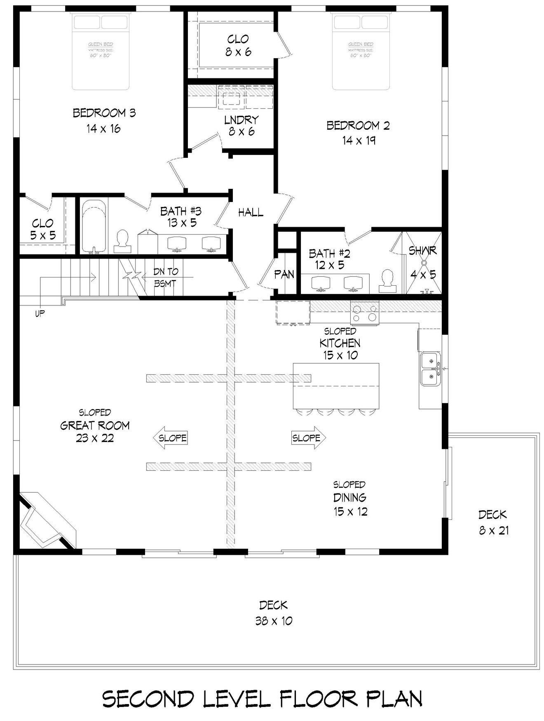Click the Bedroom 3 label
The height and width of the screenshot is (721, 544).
[104, 113]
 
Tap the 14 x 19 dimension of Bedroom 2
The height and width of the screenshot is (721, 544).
[359, 141]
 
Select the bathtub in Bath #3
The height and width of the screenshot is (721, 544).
[94, 226]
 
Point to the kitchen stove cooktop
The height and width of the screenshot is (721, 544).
[364, 312]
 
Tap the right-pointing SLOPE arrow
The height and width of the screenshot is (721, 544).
[307, 438]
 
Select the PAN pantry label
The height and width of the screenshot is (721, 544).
[284, 275]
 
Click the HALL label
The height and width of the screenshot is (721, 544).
[251, 213]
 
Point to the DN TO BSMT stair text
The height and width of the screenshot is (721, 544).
[165, 277]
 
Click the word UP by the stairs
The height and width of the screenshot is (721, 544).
[40, 314]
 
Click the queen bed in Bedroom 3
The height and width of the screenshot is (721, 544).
[101, 52]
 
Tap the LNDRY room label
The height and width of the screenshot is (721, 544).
[241, 120]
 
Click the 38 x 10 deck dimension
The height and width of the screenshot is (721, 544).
[274, 621]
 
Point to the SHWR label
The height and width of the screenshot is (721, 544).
[422, 250]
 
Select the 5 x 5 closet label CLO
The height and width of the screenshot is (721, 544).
[42, 223]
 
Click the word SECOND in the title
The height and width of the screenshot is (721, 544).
[148, 699]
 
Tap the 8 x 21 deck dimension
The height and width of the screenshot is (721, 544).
[493, 531]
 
